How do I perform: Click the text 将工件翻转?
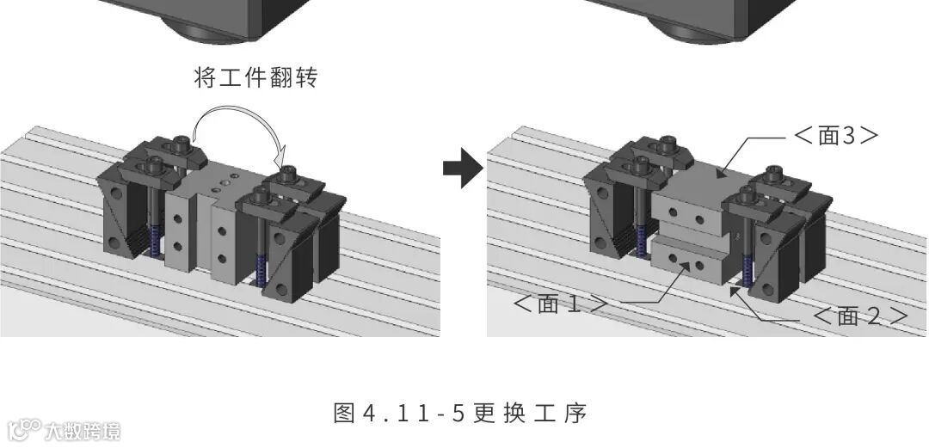[256, 78]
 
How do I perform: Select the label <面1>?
[560, 304]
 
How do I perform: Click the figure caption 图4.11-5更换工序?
[459, 414]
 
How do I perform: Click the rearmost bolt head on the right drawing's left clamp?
[664, 143]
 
